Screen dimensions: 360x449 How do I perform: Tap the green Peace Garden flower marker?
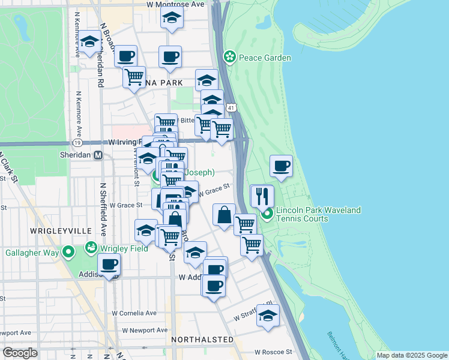pos(229,58)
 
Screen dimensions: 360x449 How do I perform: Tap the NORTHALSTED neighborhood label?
pos(202,340)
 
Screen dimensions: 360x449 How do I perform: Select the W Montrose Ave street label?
pos(176,4)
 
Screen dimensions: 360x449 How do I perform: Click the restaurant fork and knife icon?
pos(262,196)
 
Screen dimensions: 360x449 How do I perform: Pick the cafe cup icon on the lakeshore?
pos(281,166)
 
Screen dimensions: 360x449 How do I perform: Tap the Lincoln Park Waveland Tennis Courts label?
pos(318,214)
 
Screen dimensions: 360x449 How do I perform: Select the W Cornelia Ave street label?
pos(134,313)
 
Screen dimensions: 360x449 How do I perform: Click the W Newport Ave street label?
pos(145,330)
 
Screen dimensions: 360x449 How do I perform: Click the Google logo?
pos(20,353)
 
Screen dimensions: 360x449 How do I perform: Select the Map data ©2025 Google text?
pos(412,355)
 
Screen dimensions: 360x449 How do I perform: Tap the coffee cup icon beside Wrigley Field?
pos(109,264)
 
